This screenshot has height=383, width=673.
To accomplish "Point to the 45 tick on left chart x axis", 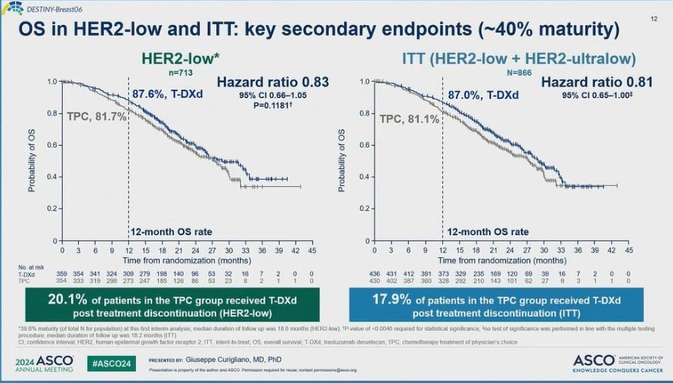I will tap(312, 250).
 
